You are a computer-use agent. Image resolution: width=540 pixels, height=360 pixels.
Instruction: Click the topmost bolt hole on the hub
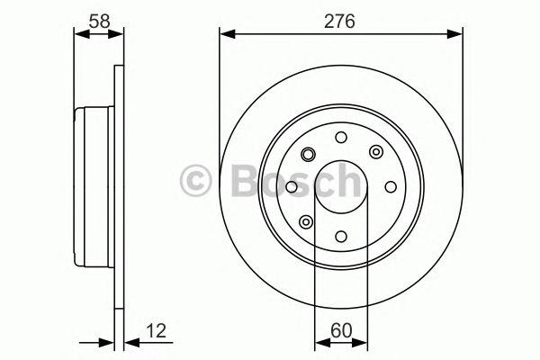340,137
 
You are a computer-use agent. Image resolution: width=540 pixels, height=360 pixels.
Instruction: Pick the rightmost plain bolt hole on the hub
391,187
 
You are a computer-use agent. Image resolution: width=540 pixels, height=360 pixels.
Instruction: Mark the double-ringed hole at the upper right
375,152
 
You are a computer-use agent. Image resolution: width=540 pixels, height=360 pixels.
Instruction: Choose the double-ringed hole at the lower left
305,222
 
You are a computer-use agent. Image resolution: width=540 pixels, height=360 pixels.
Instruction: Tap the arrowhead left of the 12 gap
110,342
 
